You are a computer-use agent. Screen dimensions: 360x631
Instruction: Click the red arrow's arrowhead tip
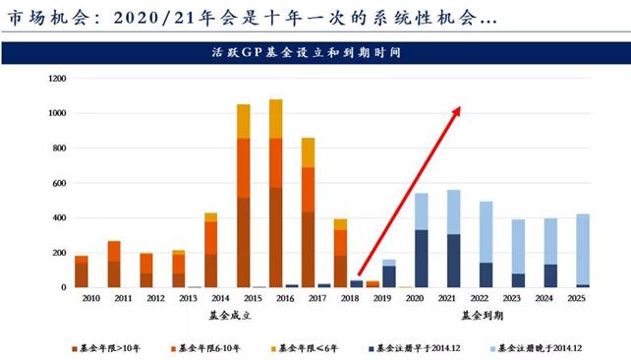coord(459,107)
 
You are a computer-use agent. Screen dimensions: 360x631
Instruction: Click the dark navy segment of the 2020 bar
coord(420,258)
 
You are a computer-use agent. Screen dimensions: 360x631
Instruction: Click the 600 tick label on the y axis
coord(59,183)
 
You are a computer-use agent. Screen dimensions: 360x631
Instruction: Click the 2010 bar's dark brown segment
coord(81,274)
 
